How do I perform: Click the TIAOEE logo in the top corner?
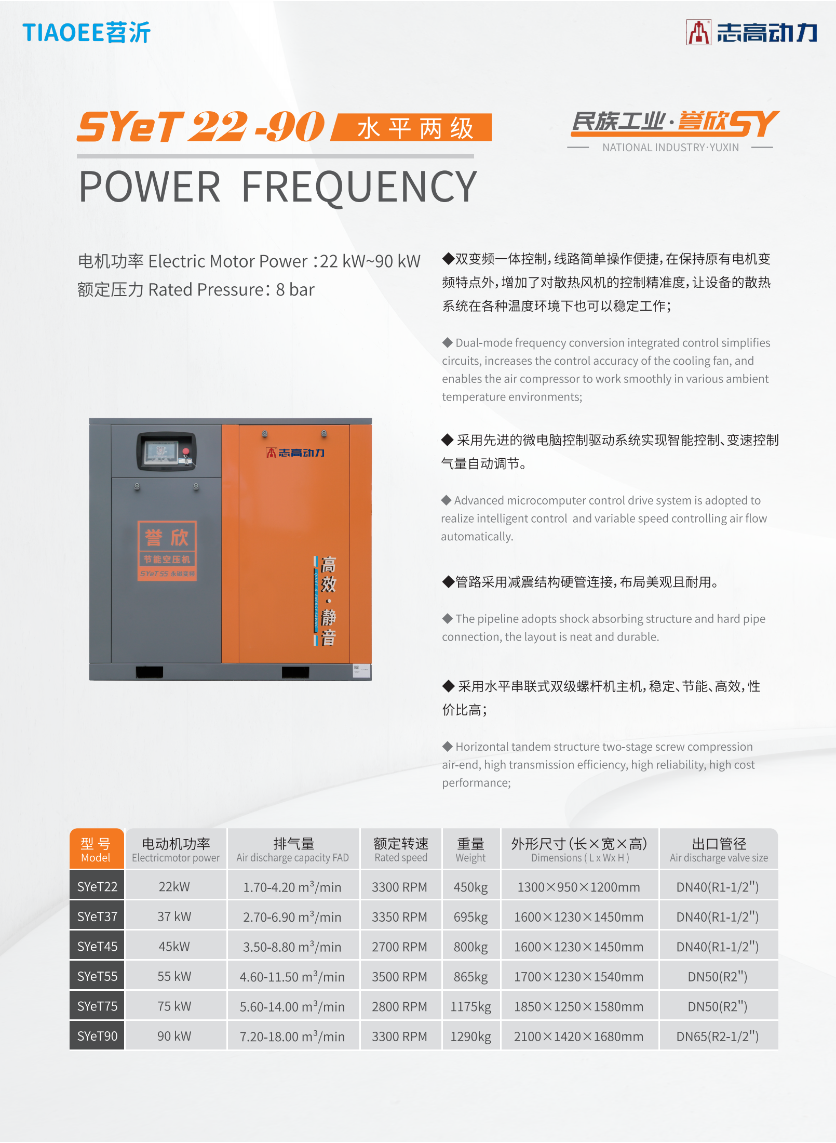(86, 32)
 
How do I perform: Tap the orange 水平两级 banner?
(412, 127)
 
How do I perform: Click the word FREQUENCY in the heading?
(359, 187)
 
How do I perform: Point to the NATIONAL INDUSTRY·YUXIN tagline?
(670, 148)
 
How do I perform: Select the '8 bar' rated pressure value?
(295, 289)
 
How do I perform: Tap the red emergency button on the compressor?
(186, 450)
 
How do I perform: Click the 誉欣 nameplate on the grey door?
(167, 551)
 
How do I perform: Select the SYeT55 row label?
(97, 976)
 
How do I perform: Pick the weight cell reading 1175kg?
(470, 1006)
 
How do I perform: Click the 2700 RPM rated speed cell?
(400, 947)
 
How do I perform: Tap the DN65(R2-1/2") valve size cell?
(718, 1036)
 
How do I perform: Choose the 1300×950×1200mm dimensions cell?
(579, 887)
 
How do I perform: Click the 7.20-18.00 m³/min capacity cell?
(292, 1036)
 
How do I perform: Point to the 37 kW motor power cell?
(174, 916)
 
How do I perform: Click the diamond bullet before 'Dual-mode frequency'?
(448, 342)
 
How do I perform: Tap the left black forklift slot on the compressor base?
(150, 672)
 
